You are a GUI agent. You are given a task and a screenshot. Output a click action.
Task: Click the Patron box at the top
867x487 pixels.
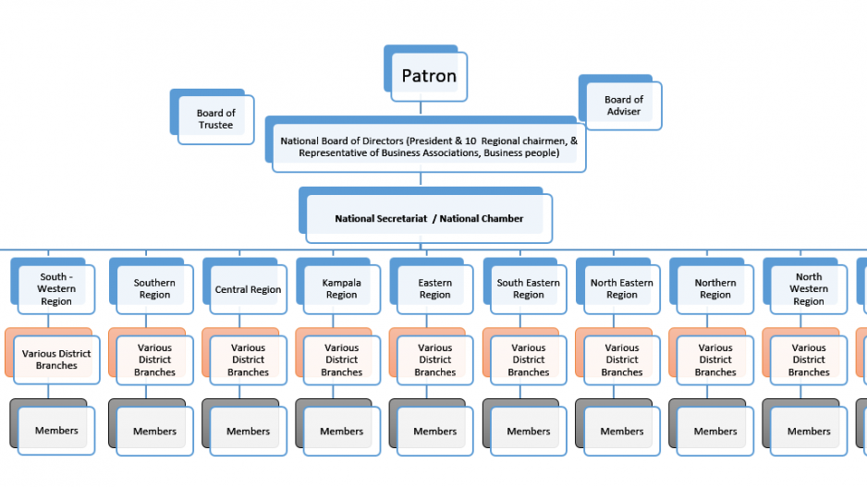coord(429,76)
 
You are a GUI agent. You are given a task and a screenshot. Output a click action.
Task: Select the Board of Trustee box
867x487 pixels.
coord(215,119)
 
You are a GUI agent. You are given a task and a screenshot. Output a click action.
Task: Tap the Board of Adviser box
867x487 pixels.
coord(624,105)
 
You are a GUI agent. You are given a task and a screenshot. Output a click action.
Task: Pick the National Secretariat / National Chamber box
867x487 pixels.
coord(429,218)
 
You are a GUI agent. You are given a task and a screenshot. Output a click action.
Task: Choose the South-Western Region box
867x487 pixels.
coord(56,288)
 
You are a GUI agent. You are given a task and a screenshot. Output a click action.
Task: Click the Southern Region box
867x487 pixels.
coord(154,288)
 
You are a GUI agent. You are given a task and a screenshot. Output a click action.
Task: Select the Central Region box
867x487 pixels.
coord(248,289)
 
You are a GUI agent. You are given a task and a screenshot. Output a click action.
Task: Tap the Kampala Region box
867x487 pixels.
coord(341,288)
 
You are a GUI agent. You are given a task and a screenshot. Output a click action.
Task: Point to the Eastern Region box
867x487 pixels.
coord(434,288)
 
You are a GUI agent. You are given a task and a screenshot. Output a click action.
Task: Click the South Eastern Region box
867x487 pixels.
coord(528,288)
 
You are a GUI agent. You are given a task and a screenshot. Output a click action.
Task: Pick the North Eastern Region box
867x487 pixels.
coord(621,288)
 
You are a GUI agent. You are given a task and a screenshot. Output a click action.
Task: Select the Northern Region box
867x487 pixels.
coord(714,288)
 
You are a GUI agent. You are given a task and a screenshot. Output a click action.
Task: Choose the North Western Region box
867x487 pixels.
coord(808,288)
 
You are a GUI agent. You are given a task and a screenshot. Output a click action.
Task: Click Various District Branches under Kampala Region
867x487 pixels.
coord(341,359)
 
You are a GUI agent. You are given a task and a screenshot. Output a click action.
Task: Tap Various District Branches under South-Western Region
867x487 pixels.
coord(56,359)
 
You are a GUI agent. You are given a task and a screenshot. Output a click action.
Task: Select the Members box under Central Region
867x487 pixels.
coord(248,431)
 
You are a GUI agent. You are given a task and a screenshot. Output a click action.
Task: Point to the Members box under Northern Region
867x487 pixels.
coord(714,431)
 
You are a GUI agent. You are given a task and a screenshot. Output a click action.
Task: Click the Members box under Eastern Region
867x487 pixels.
coord(434,431)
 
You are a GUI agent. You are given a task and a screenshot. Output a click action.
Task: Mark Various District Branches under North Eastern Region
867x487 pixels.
coord(621,359)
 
